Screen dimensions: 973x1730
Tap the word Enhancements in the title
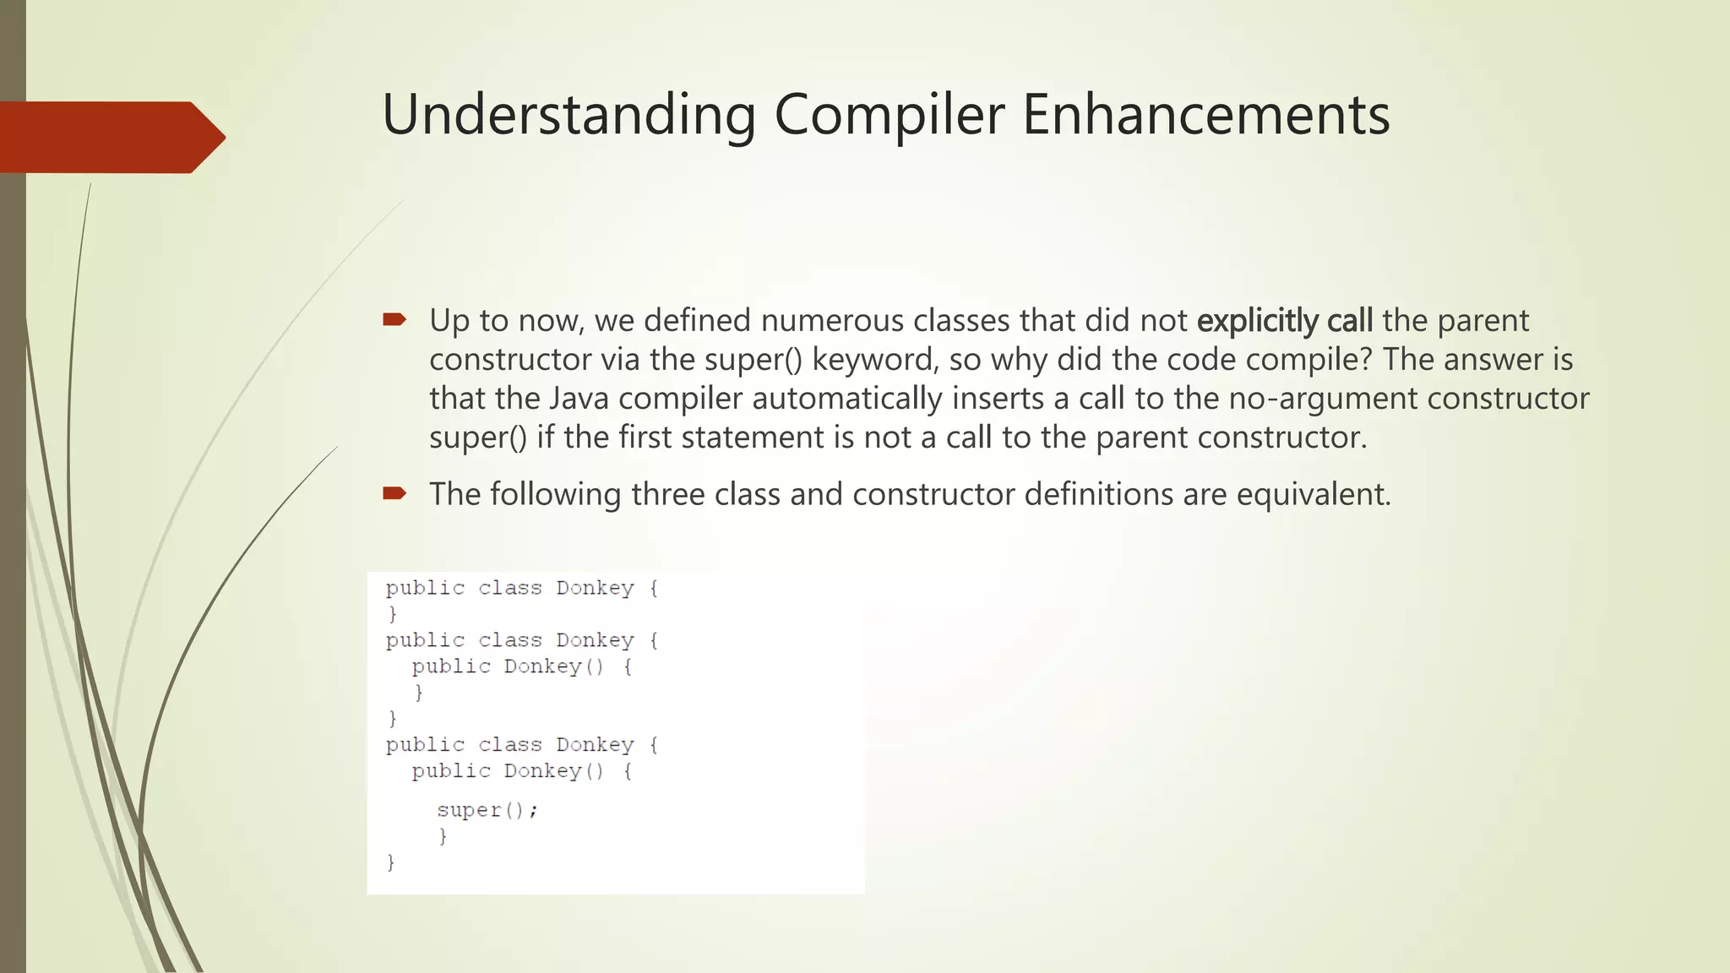tap(1206, 115)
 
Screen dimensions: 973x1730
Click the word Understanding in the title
tap(569, 115)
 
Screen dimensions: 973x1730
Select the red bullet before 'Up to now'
tap(394, 319)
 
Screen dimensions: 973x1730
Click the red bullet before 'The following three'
tap(394, 492)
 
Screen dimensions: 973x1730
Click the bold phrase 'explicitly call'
tap(1285, 321)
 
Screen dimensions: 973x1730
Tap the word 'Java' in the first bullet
tap(579, 399)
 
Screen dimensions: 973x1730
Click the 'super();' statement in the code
tap(487, 810)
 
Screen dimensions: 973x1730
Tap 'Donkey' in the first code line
tap(595, 588)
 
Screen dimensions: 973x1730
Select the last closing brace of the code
tap(391, 862)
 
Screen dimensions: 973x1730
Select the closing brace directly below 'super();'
tap(443, 836)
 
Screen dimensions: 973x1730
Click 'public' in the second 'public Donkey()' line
tap(451, 771)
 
